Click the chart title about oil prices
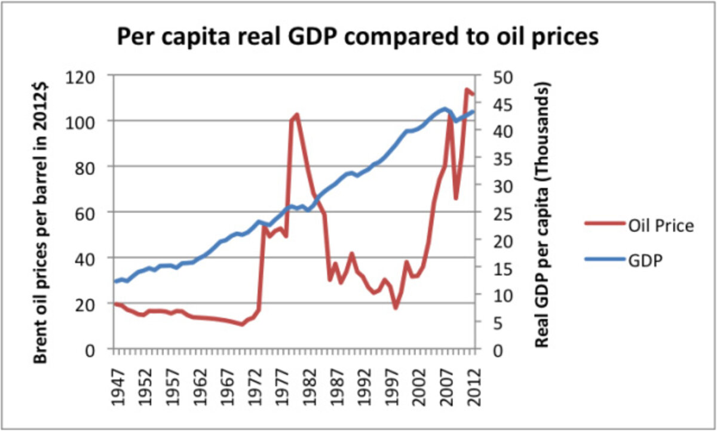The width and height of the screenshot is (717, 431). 357,37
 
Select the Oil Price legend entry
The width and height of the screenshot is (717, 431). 660,226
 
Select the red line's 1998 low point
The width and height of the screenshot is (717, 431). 396,307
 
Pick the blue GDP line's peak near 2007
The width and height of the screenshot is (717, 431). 444,109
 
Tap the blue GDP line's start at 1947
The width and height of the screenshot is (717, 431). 115,281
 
